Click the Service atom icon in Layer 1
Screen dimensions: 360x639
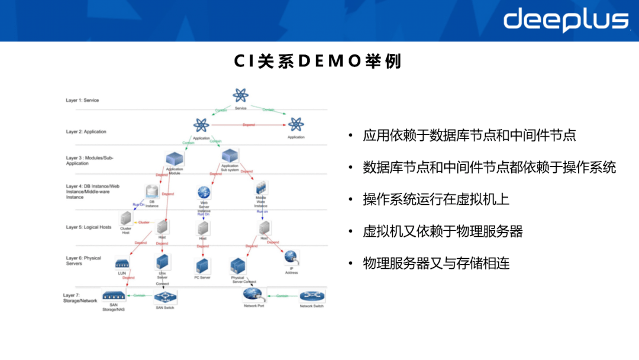(240, 95)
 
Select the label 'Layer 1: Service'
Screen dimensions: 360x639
(82, 101)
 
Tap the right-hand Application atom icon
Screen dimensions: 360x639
(295, 124)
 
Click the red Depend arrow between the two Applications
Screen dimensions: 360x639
(248, 125)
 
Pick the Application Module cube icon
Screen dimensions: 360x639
(174, 158)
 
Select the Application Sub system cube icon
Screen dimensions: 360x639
(230, 155)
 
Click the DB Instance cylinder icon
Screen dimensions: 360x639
(152, 192)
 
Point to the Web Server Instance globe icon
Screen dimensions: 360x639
(204, 192)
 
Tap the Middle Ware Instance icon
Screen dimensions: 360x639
(261, 189)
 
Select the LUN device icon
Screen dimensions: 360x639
(122, 263)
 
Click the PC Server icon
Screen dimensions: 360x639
(202, 265)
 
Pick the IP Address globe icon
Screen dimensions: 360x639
(291, 256)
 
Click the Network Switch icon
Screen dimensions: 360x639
(311, 295)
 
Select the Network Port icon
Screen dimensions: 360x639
(253, 294)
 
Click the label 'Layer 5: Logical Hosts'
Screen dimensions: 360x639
(89, 227)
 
